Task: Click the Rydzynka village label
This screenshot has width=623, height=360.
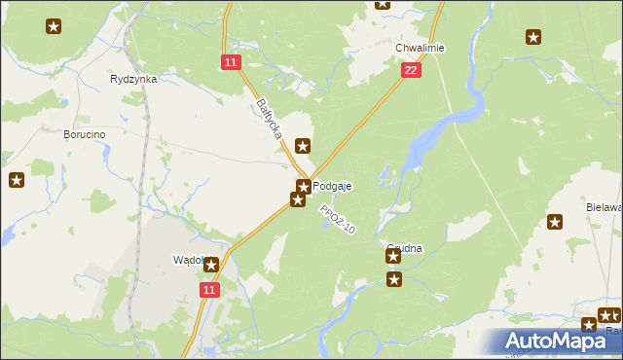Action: pyautogui.click(x=134, y=79)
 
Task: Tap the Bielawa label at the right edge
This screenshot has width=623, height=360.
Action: pyautogui.click(x=604, y=207)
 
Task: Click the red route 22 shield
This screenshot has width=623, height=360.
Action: pyautogui.click(x=411, y=69)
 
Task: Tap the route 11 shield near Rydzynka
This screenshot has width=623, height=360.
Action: pyautogui.click(x=230, y=62)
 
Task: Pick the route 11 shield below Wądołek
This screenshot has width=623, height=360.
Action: pyautogui.click(x=211, y=289)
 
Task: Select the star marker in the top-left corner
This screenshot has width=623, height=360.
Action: pyautogui.click(x=54, y=26)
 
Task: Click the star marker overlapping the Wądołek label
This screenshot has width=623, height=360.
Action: pyautogui.click(x=211, y=263)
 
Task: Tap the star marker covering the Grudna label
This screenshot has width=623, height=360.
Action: pyautogui.click(x=393, y=256)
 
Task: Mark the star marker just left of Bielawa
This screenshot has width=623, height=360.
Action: pyautogui.click(x=556, y=222)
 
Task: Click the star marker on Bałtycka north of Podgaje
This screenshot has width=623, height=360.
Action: pyautogui.click(x=304, y=146)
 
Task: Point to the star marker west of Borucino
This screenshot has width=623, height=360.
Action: pyautogui.click(x=17, y=180)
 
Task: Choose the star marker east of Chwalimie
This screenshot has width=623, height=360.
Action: pyautogui.click(x=533, y=37)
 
